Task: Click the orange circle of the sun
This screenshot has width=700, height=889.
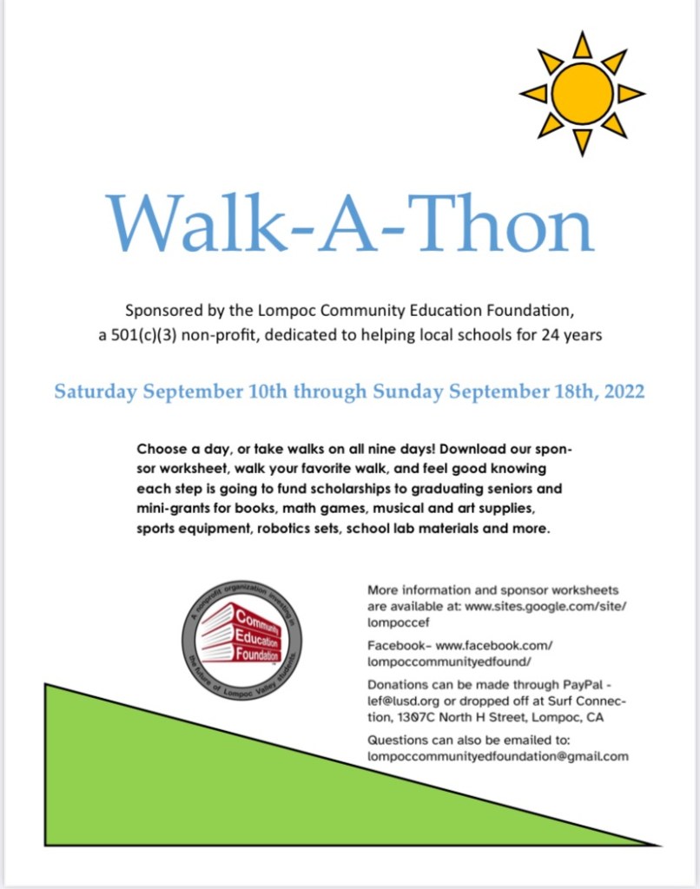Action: tap(582, 94)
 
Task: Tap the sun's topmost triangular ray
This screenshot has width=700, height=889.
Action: tap(582, 45)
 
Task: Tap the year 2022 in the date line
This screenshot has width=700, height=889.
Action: tap(620, 392)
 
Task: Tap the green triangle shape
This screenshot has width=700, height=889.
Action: tap(174, 781)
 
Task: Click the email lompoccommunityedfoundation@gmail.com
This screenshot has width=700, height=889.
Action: tap(498, 756)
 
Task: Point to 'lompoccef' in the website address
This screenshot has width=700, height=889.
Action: tap(397, 622)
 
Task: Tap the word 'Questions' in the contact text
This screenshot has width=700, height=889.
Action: tap(399, 740)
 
